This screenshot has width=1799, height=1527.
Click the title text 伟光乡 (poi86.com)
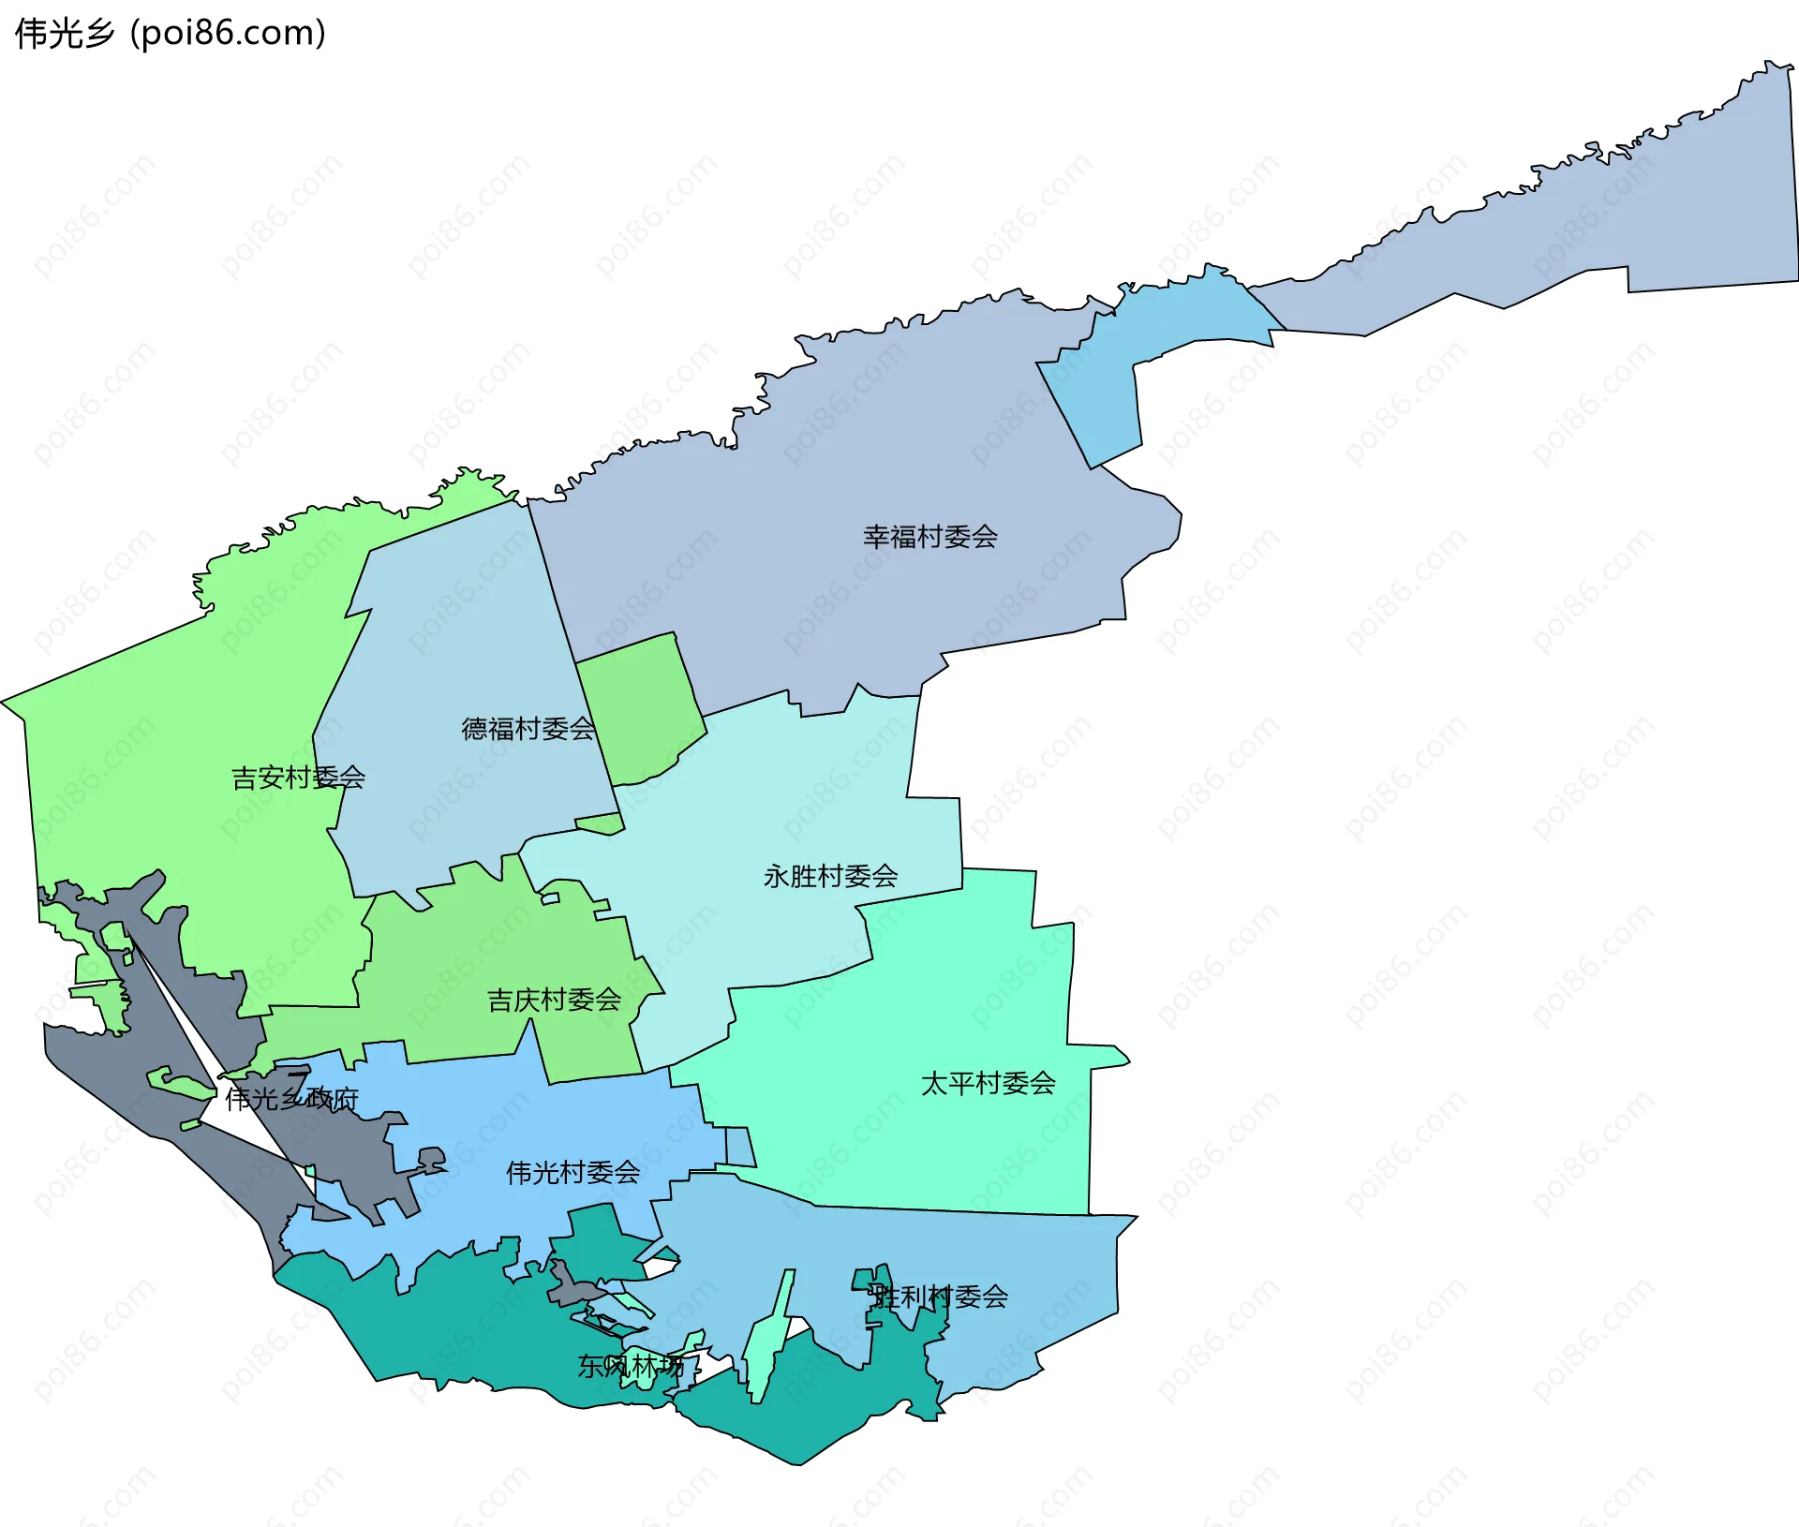pos(171,34)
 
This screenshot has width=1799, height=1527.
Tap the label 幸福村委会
pos(929,537)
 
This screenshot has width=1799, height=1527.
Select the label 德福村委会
pos(528,729)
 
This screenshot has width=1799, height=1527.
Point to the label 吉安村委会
pos(298,778)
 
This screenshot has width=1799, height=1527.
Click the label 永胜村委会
pos(830,876)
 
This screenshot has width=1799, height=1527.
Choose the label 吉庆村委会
pos(554,1000)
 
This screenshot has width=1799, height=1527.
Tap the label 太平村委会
pos(988,1083)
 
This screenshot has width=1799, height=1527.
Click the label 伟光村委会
pos(572,1172)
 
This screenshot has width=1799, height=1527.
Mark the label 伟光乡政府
pos(291,1098)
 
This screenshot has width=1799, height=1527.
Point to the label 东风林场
pos(630,1366)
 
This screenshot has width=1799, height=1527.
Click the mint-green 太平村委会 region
pos(937,1012)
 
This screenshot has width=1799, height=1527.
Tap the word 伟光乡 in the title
pos(65,34)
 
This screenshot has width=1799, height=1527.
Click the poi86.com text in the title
pos(228,34)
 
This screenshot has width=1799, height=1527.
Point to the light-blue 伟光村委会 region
pos(525,1124)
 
